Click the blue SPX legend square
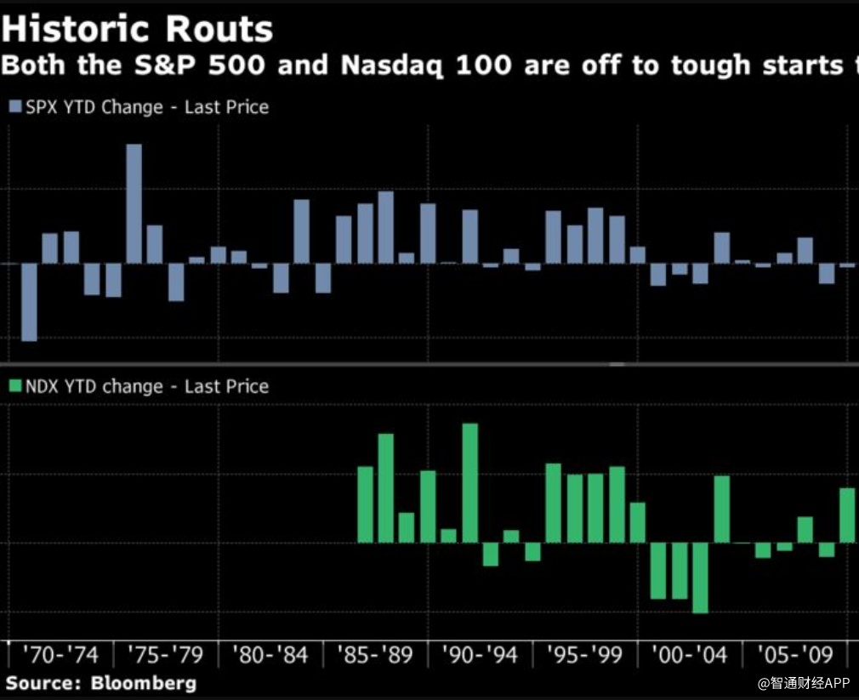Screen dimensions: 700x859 [x=15, y=107]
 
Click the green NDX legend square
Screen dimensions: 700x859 [x=15, y=386]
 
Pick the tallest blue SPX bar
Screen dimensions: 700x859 [x=134, y=203]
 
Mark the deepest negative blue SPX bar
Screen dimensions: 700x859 [x=29, y=302]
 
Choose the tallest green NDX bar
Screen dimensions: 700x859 [x=470, y=482]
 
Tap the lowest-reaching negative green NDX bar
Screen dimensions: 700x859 [x=700, y=578]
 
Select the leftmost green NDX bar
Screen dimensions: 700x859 [x=366, y=504]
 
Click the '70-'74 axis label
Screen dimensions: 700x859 [x=60, y=656]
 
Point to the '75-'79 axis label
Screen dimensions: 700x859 [x=165, y=656]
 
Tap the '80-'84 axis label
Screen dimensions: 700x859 [x=270, y=656]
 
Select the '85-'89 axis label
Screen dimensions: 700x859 [x=375, y=656]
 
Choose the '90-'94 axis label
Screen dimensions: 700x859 [x=481, y=656]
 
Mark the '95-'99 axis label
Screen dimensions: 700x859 [x=585, y=656]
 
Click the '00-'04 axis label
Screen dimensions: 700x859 [x=690, y=656]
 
